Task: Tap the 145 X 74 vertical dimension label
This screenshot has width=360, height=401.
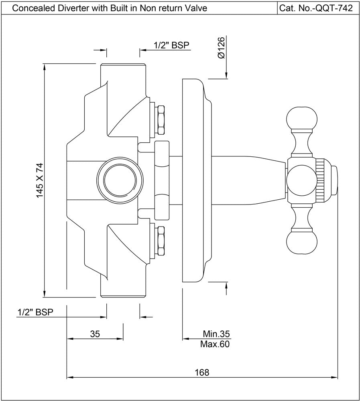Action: [39, 180]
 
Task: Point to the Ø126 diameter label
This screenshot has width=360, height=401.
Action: [221, 49]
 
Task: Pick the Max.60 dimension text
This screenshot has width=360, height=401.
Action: [215, 344]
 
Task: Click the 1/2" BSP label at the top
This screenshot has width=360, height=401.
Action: [171, 46]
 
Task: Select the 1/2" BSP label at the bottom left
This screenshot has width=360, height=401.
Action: [35, 312]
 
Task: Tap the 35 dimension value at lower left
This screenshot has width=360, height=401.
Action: [95, 334]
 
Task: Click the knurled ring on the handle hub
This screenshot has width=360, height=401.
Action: [321, 180]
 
